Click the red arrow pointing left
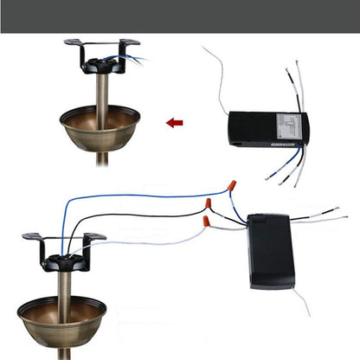175,123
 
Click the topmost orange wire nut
230,185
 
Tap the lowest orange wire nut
207,222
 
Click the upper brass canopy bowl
100,125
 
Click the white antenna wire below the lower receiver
302,302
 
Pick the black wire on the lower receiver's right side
320,211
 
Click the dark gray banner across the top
180,16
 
